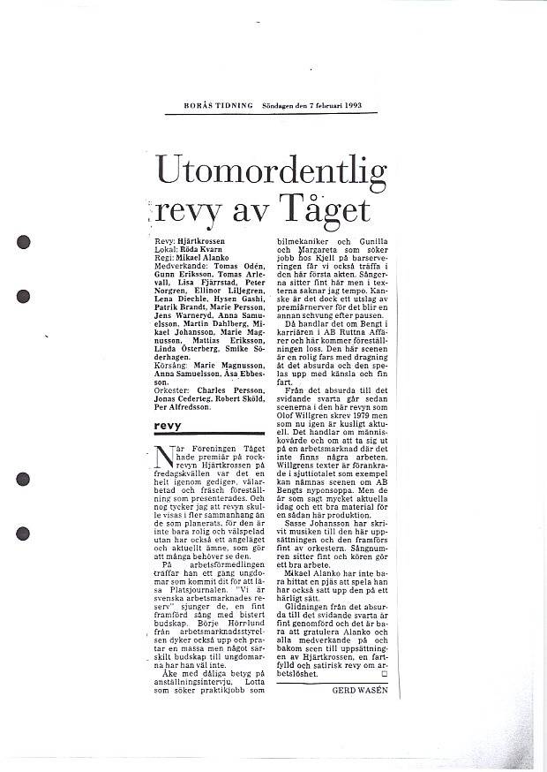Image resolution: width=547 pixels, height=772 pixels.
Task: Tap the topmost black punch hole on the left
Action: (24, 239)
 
